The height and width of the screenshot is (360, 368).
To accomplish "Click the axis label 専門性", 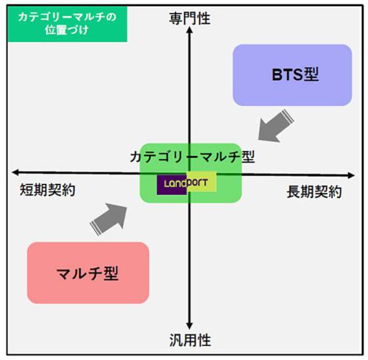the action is [190, 18].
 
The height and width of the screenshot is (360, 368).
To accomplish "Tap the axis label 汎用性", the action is [190, 340].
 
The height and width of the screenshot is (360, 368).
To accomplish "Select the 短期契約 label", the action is [47, 190].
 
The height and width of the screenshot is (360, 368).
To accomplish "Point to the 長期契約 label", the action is [314, 191].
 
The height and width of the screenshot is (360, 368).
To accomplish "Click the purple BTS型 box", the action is [292, 75].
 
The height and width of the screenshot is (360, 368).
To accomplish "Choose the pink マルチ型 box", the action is [88, 272].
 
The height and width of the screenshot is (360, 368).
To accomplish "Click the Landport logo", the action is [186, 183].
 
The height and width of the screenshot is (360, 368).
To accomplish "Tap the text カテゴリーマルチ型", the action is [192, 157].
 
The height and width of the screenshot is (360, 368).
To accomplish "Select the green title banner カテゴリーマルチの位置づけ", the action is [68, 24].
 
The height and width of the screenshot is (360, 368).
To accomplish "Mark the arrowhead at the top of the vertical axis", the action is [189, 29].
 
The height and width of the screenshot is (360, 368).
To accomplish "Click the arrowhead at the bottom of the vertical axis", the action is [189, 326].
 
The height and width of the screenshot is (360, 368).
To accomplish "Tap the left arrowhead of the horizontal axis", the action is [15, 172].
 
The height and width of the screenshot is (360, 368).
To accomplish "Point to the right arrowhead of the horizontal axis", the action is [351, 175].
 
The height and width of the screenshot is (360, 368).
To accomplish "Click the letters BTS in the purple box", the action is [288, 75].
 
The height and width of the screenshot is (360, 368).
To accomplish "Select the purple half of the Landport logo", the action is [171, 185].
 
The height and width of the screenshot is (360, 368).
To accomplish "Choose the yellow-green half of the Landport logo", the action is [202, 181].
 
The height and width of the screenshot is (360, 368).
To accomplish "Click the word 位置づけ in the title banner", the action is [66, 30].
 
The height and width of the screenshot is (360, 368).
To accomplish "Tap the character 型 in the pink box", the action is [111, 273].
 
